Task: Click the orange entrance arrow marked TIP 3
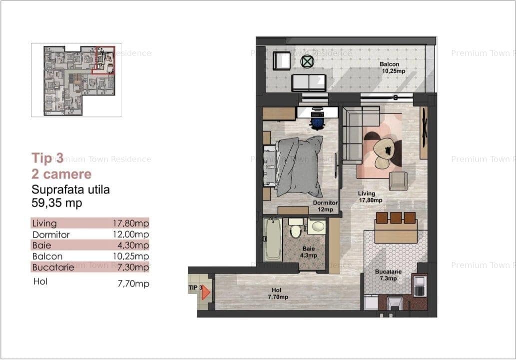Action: click(x=206, y=292)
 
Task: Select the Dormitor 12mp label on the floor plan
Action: click(x=325, y=206)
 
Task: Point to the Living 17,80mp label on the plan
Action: click(x=370, y=196)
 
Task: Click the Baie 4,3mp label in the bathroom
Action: click(x=309, y=252)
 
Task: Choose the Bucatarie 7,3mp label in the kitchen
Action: click(x=388, y=275)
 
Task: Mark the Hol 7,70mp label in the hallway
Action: click(x=278, y=293)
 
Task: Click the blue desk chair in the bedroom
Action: click(x=317, y=120)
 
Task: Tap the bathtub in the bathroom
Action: click(x=273, y=239)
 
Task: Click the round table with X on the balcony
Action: click(x=307, y=61)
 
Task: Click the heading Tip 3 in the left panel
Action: click(x=47, y=158)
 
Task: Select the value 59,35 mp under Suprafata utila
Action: click(x=56, y=203)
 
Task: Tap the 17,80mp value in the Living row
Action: click(x=131, y=223)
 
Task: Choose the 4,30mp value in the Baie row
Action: click(x=133, y=245)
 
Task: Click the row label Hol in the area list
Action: click(x=40, y=281)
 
